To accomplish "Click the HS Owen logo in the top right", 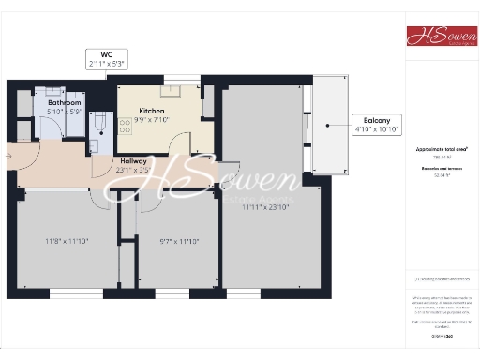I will coord(441,36).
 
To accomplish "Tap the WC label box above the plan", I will coord(107,59).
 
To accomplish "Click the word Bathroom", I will coord(65,103).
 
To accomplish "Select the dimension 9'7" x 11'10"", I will coord(176,240).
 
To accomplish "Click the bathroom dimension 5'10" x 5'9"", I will coord(65,112).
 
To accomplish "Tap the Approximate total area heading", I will coord(442,149).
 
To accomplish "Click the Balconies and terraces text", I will coord(442,168).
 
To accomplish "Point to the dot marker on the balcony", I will coord(327,125).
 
